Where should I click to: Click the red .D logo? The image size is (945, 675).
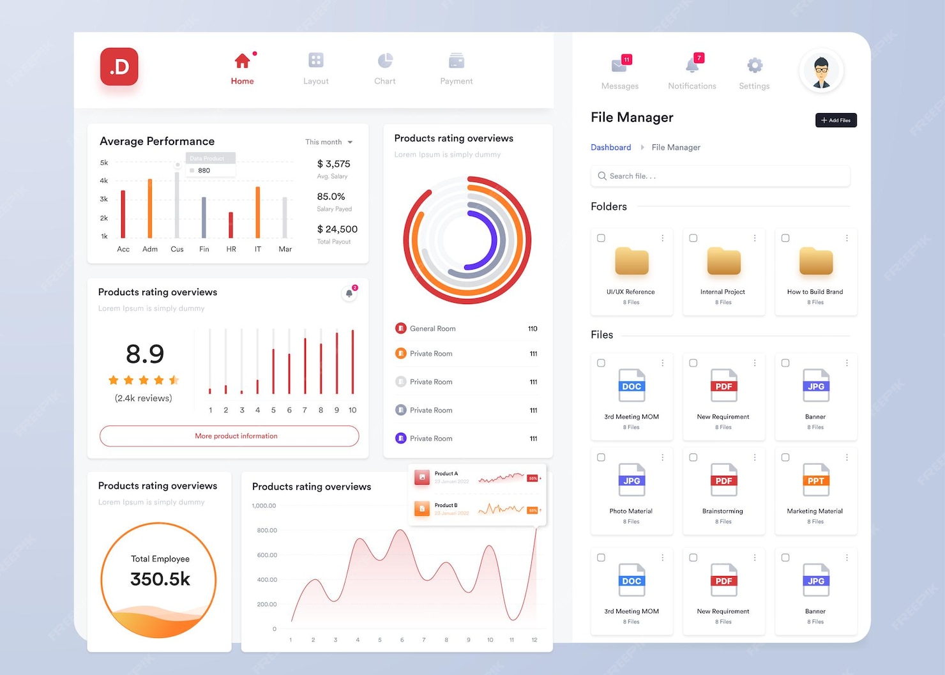[119, 66]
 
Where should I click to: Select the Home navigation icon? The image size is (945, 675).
[242, 61]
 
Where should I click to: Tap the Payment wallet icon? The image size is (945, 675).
[456, 61]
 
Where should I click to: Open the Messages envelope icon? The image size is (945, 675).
[619, 65]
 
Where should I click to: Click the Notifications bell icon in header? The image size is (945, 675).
[692, 65]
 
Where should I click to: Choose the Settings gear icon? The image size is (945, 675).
[754, 65]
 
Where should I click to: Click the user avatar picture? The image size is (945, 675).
[821, 71]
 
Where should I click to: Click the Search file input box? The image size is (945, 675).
[720, 176]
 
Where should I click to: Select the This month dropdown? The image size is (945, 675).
[329, 142]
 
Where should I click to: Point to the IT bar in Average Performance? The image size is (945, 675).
[258, 212]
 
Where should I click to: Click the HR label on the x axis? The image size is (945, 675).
[231, 249]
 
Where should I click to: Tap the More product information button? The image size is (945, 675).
[229, 436]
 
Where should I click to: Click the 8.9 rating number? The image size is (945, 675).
[145, 354]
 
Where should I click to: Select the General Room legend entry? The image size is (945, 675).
[432, 329]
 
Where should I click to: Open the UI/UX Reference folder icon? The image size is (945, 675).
[631, 262]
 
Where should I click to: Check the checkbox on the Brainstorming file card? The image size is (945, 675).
[693, 457]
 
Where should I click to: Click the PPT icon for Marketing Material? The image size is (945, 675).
[816, 480]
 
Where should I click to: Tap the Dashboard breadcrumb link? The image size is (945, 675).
[610, 148]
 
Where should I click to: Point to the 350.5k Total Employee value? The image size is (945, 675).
[160, 579]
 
